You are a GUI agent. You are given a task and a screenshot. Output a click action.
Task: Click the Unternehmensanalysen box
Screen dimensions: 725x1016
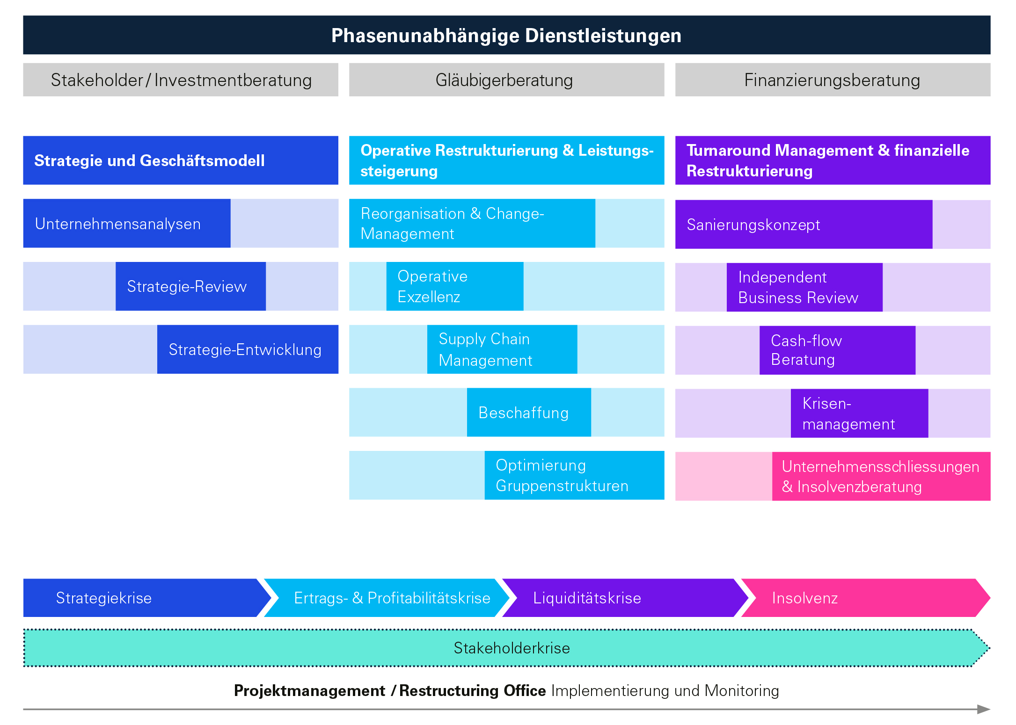coord(127,224)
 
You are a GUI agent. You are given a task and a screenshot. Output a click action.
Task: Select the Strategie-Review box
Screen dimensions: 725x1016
coord(190,286)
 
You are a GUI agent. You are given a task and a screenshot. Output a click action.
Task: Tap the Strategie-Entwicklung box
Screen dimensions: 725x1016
coord(248,349)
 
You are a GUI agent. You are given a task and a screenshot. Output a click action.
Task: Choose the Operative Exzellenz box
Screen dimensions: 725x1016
coord(454,286)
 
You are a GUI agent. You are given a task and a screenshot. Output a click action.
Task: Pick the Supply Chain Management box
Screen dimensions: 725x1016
coord(502,349)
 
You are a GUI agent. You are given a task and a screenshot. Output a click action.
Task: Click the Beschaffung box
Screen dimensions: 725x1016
coord(529,413)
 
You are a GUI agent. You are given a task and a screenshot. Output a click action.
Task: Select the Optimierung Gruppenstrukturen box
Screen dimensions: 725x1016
coord(574,475)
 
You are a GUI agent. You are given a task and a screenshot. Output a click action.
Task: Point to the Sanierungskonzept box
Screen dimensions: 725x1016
coord(804,225)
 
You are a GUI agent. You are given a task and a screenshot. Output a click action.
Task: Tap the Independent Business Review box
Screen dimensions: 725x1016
coord(804,287)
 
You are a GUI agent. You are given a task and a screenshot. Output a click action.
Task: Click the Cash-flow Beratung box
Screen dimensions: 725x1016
coord(837,350)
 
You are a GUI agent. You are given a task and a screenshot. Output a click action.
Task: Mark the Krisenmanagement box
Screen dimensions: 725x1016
coord(859,413)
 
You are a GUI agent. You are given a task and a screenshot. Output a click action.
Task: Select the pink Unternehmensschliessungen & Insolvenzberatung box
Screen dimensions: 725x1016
coord(881,476)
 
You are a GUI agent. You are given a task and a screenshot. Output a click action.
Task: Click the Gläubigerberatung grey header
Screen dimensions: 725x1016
coord(506,80)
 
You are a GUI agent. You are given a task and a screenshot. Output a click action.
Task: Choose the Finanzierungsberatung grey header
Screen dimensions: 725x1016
coord(833,80)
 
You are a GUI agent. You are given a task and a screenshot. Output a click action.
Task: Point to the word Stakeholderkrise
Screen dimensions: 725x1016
coord(512,648)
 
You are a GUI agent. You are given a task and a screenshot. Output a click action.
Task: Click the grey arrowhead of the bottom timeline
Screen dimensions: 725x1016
coord(984,709)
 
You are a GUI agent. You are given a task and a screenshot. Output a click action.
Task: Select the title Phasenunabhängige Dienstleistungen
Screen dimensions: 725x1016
coord(506,36)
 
